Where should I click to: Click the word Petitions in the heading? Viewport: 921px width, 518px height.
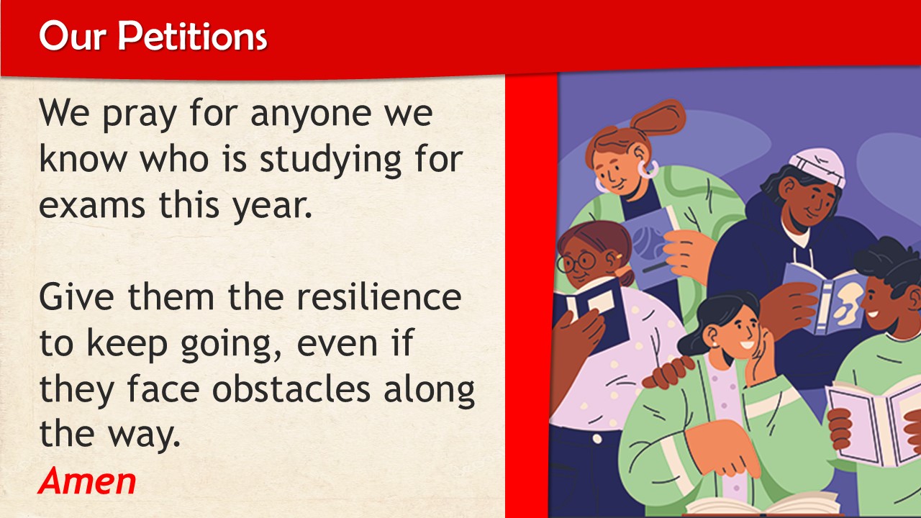(192, 36)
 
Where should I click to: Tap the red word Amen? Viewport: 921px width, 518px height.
(87, 481)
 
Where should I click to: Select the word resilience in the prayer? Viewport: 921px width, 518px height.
(379, 296)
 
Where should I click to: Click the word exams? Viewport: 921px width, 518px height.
(92, 205)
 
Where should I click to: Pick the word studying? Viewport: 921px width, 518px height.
(330, 160)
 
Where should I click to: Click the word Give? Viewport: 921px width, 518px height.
(76, 296)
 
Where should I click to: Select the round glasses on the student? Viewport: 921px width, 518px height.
(578, 263)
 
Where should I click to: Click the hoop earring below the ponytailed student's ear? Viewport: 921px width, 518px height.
(648, 169)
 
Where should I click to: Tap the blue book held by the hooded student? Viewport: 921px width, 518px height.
(822, 297)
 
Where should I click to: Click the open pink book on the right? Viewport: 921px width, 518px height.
(874, 424)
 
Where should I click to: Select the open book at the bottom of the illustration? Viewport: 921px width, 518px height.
(765, 504)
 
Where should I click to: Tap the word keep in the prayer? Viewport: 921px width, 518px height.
(127, 344)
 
